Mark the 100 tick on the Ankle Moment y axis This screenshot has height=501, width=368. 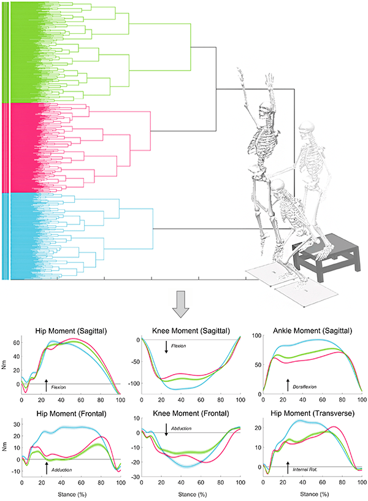(x=256, y=337)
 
